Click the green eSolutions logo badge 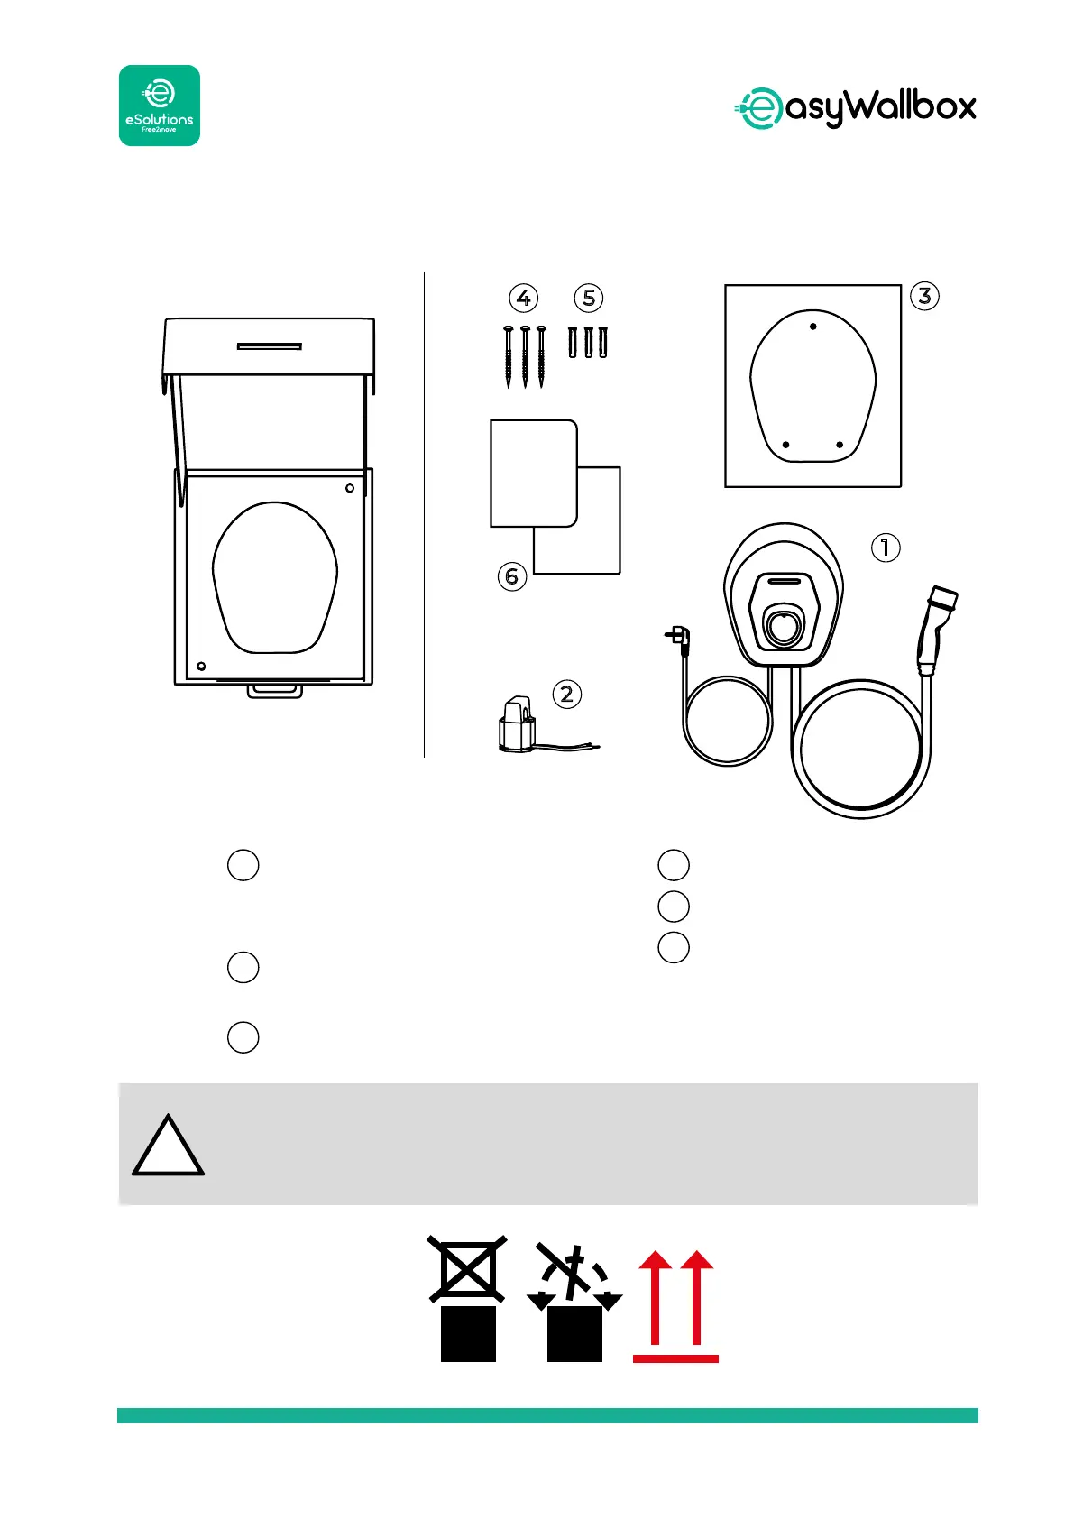pyautogui.click(x=160, y=106)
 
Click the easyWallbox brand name pyautogui.click(x=855, y=108)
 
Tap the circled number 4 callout pyautogui.click(x=523, y=298)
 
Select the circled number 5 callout pyautogui.click(x=588, y=298)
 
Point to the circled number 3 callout pyautogui.click(x=924, y=296)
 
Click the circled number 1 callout pyautogui.click(x=886, y=547)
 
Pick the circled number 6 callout pyautogui.click(x=512, y=575)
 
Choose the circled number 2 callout pyautogui.click(x=566, y=694)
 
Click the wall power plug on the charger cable pyautogui.click(x=676, y=637)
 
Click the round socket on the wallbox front pyautogui.click(x=784, y=624)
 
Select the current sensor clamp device pyautogui.click(x=518, y=723)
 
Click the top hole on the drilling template pyautogui.click(x=813, y=326)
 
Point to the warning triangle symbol pyautogui.click(x=168, y=1147)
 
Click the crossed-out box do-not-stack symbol pyautogui.click(x=467, y=1298)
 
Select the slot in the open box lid pyautogui.click(x=269, y=345)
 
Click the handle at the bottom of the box pyautogui.click(x=275, y=690)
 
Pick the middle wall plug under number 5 pyautogui.click(x=588, y=343)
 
